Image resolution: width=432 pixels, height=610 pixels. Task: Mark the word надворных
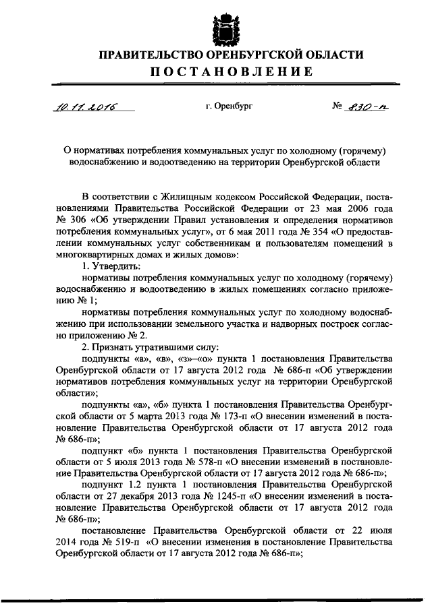[x=292, y=325]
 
